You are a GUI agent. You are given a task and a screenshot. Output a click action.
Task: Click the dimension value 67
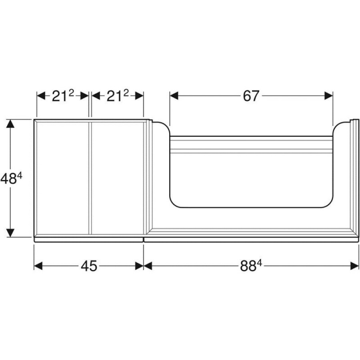click(251, 96)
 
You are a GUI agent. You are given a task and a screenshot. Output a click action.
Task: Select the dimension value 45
click(89, 266)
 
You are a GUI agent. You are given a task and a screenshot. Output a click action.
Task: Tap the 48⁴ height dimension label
click(12, 178)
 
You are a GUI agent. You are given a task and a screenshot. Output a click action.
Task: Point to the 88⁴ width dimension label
click(251, 266)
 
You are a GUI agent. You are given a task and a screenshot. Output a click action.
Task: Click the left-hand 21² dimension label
click(63, 96)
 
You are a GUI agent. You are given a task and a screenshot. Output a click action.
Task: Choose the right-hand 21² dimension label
click(118, 96)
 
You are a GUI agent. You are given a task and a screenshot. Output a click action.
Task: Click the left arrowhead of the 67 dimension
click(174, 96)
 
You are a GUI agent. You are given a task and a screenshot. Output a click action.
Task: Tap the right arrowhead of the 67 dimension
click(329, 96)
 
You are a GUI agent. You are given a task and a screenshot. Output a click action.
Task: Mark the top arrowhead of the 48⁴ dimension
click(10, 124)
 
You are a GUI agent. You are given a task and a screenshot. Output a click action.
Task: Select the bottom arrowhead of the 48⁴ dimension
click(10, 233)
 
